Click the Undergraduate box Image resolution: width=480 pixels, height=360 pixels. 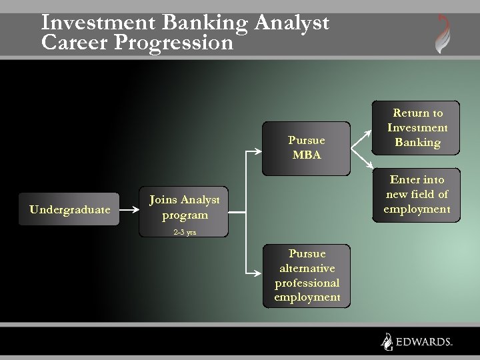[70, 209]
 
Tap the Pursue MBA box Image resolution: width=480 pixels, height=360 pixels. [306, 148]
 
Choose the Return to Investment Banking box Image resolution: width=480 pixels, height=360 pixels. [417, 128]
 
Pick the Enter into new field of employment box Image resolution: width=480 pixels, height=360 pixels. [417, 195]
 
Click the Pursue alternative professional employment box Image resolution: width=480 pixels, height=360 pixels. [307, 275]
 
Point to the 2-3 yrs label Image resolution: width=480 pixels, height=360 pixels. [185, 233]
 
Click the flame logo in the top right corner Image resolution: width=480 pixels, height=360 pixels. [443, 33]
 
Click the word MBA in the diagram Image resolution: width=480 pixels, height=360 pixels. [307, 155]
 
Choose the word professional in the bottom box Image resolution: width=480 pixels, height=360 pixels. [307, 283]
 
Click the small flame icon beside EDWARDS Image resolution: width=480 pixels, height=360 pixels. [387, 341]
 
